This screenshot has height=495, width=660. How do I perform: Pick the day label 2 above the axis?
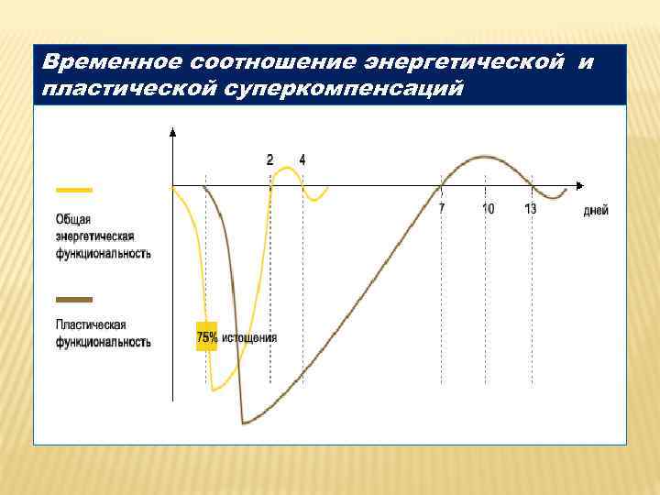(269, 159)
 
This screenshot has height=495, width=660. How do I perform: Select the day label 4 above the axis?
(302, 159)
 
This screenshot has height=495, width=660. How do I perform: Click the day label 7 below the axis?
(442, 209)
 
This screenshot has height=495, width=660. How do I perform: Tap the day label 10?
(489, 209)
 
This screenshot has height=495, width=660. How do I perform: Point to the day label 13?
(531, 209)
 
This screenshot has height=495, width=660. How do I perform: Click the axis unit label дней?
(596, 210)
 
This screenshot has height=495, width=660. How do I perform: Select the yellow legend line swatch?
(74, 190)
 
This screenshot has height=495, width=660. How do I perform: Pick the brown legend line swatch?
(74, 299)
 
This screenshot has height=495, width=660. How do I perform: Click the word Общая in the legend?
(73, 219)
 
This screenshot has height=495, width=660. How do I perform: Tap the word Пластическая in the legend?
(91, 324)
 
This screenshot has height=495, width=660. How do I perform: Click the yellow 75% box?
(206, 337)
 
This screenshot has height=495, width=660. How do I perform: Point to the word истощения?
(248, 337)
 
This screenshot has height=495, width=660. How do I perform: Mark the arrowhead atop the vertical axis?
(172, 132)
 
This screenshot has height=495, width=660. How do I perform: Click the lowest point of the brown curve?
(244, 423)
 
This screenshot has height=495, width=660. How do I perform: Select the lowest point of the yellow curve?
(214, 390)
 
